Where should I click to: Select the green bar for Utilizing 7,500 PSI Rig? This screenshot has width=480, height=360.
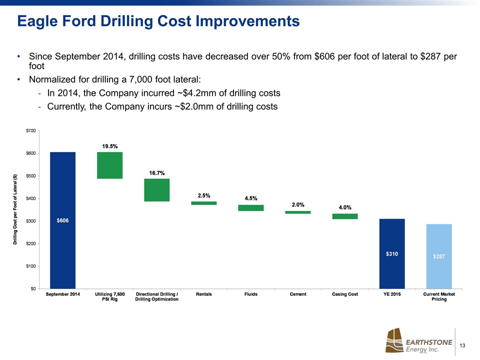click(110, 165)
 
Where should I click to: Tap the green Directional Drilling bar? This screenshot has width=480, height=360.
click(157, 190)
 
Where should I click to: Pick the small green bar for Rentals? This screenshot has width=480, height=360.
click(204, 203)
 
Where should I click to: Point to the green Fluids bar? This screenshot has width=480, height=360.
click(251, 208)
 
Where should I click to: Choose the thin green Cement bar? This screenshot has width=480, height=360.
click(298, 212)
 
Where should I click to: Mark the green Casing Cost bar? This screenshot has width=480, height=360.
click(345, 216)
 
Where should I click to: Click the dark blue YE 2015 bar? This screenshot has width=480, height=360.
click(392, 253)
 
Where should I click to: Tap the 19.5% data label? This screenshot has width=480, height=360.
click(110, 146)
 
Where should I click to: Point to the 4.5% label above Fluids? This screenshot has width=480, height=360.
click(251, 198)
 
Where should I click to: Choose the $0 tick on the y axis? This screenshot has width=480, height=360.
click(31, 288)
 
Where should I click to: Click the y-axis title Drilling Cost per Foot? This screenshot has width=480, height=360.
click(15, 209)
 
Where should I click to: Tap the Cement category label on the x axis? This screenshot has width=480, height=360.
click(298, 294)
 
